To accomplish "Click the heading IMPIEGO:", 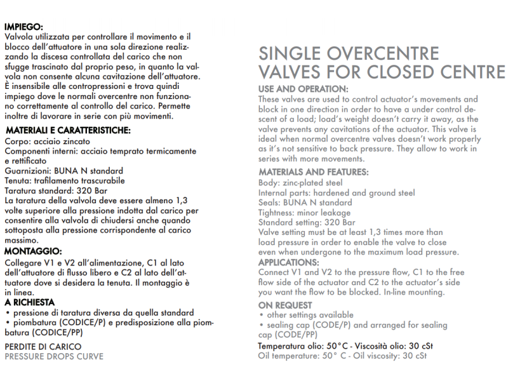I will click(x=24, y=27).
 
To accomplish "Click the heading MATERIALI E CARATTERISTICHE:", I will click(x=68, y=130).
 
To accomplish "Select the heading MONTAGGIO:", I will click(x=33, y=251).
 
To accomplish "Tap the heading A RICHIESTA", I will click(x=30, y=302).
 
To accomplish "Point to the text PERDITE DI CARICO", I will click(x=43, y=347).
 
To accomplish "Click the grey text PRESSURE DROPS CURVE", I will click(x=54, y=356).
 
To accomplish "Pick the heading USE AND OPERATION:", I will click(x=304, y=88).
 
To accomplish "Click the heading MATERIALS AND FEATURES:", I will click(x=314, y=172).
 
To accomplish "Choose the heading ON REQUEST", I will click(x=284, y=305).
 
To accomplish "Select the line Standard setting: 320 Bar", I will click(x=307, y=223).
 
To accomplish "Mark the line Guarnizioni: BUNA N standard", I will click(x=64, y=171).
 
